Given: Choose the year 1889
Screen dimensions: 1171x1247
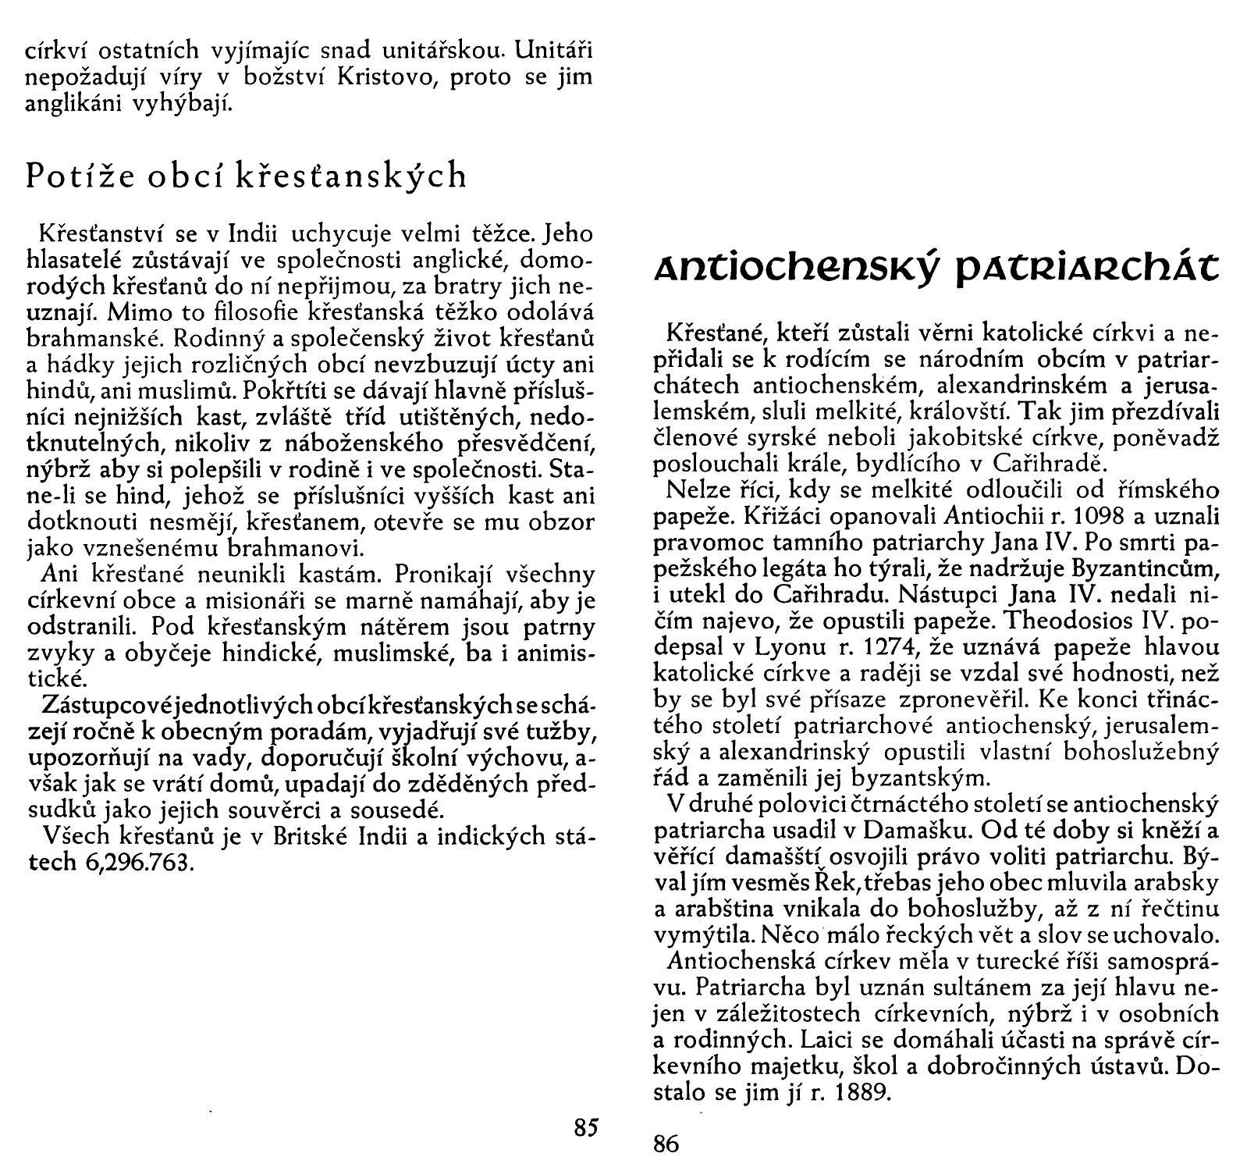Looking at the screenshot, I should [862, 1092].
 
